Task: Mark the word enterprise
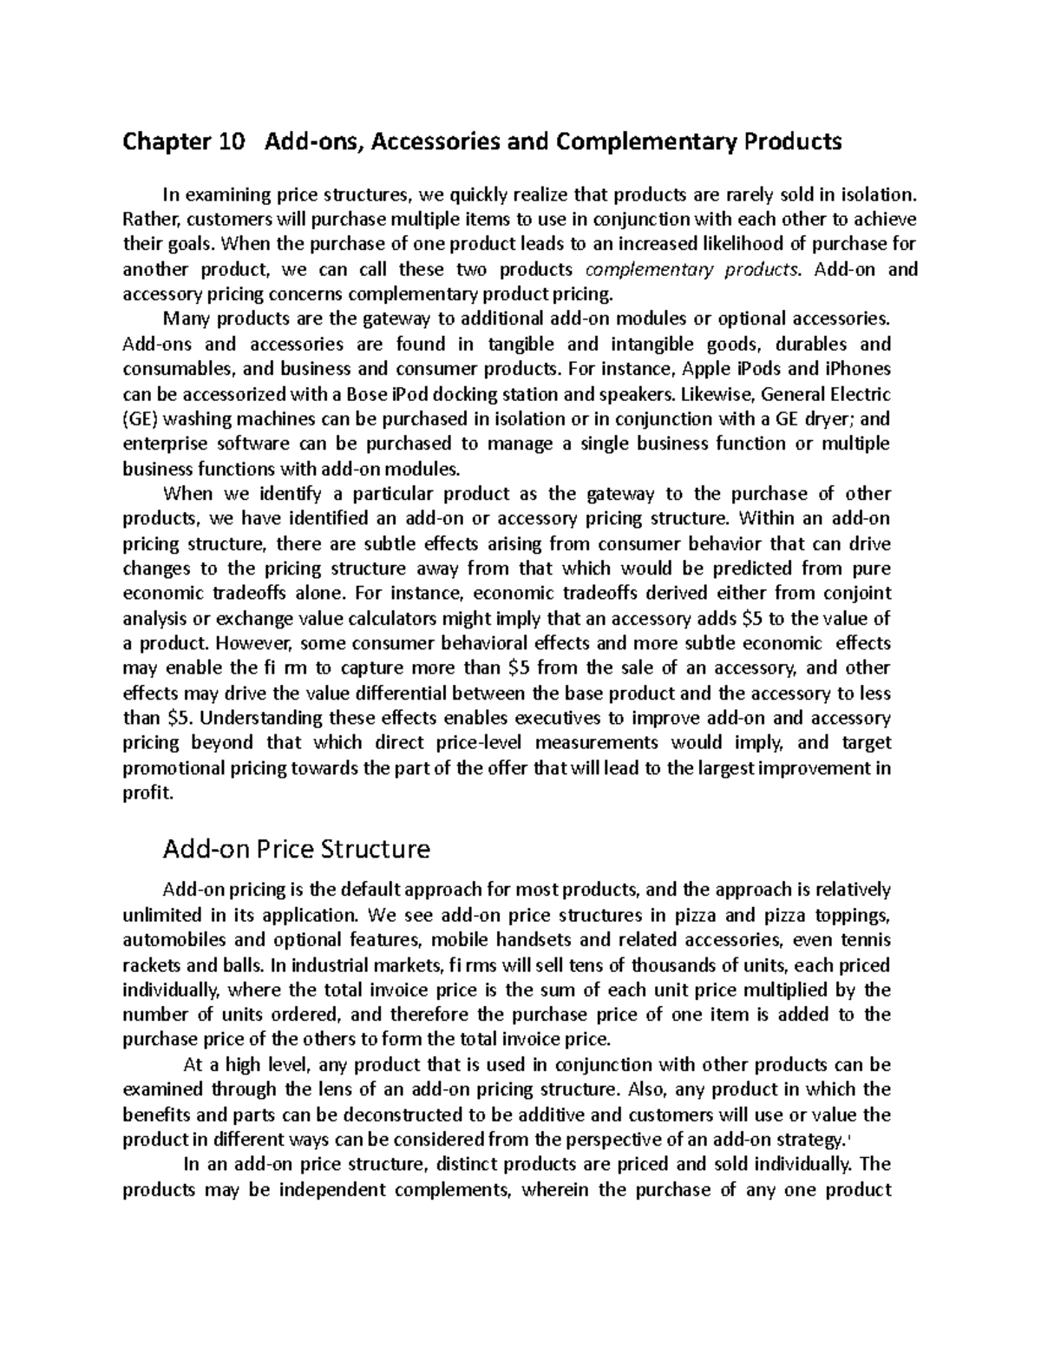(x=160, y=444)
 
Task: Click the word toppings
(x=854, y=915)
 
